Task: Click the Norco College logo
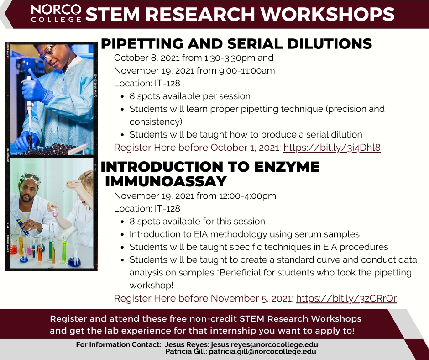pyautogui.click(x=56, y=13)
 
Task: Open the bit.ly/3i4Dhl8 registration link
pyautogui.click(x=332, y=148)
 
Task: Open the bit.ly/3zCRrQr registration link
pyautogui.click(x=346, y=298)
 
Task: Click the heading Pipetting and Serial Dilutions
pyautogui.click(x=236, y=44)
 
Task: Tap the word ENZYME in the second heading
pyautogui.click(x=287, y=167)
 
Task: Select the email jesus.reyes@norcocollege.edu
pyautogui.click(x=264, y=344)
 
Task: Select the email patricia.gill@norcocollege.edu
pyautogui.click(x=262, y=351)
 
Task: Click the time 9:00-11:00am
pyautogui.click(x=247, y=71)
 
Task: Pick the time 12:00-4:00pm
pyautogui.click(x=247, y=196)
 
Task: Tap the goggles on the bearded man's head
pyautogui.click(x=31, y=177)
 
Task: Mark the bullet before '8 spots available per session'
pyautogui.click(x=122, y=97)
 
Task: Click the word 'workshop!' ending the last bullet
pyautogui.click(x=152, y=286)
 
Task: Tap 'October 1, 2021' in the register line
pyautogui.click(x=246, y=148)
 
